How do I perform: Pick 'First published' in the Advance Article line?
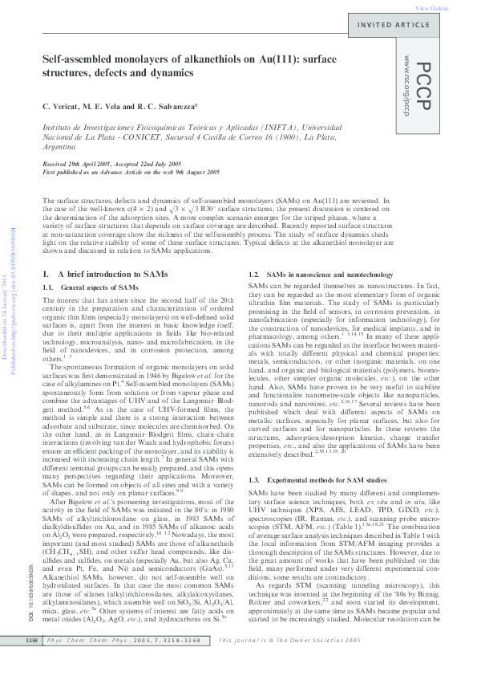tap(64, 172)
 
